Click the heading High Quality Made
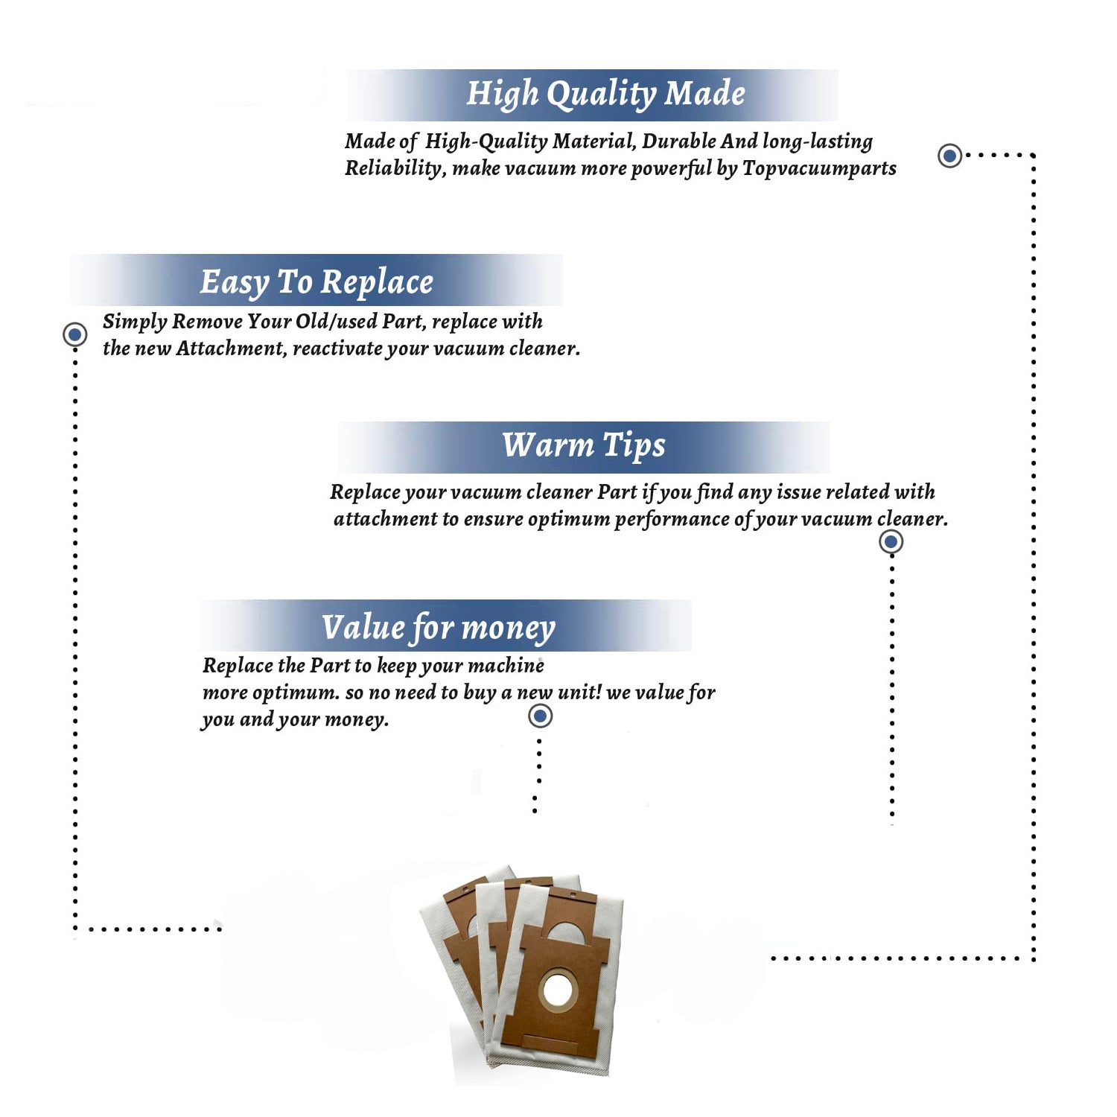tap(605, 95)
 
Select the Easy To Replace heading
tap(316, 282)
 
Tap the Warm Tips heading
tap(584, 446)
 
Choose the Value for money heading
tap(439, 628)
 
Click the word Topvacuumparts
tap(819, 168)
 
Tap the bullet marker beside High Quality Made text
tap(949, 156)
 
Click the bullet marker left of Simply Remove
tap(74, 334)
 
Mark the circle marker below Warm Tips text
tap(891, 541)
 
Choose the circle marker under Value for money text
tap(540, 716)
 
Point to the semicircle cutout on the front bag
tap(566, 932)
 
